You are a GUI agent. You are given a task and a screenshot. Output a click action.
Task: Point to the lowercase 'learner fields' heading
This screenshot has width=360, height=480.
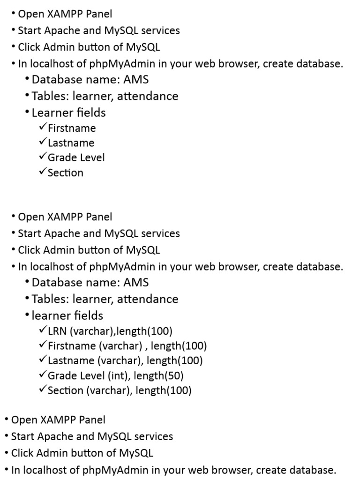pos(67,315)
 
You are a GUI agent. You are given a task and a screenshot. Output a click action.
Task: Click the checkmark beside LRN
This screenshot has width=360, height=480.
pos(43,331)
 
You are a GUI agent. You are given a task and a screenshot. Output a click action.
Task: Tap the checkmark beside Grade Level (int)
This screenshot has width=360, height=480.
pos(43,375)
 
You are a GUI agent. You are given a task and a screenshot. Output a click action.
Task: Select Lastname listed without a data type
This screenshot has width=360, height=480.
pos(71,143)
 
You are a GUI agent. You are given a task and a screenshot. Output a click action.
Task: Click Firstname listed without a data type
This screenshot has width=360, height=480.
pos(72,128)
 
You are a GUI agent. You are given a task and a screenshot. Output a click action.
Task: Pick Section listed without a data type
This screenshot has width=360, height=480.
pos(66,172)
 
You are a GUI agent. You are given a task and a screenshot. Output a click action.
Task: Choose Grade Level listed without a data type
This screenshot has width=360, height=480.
pos(76,157)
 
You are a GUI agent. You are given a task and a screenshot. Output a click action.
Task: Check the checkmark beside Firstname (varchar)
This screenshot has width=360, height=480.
pos(43,345)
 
